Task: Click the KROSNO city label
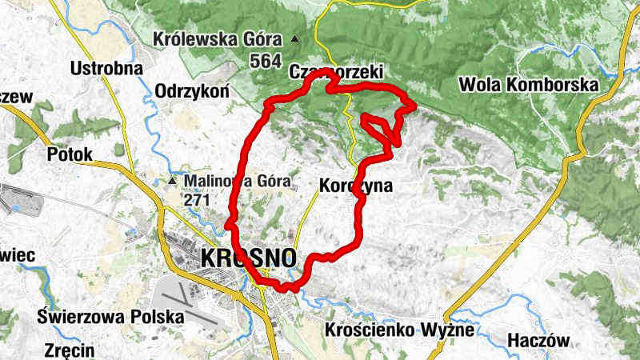pyautogui.click(x=249, y=258)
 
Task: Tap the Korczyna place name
pyautogui.click(x=356, y=186)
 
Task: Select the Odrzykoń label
pyautogui.click(x=192, y=90)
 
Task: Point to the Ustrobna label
pyautogui.click(x=106, y=68)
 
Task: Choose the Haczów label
pyautogui.click(x=539, y=341)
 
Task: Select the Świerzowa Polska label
pyautogui.click(x=110, y=316)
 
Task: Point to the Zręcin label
pyautogui.click(x=69, y=350)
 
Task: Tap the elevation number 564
pyautogui.click(x=265, y=61)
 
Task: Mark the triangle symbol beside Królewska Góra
pyautogui.click(x=296, y=38)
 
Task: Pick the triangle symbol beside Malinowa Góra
pyautogui.click(x=172, y=181)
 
